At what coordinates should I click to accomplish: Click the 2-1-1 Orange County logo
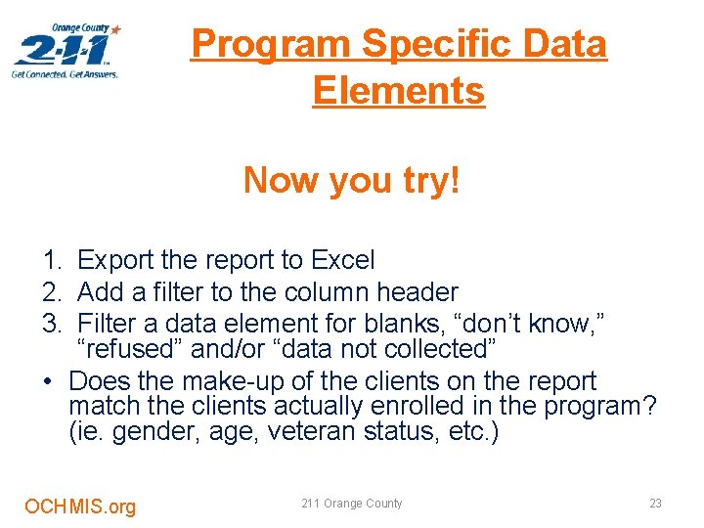[66, 51]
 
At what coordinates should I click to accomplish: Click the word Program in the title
[271, 44]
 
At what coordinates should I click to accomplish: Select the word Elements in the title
[399, 91]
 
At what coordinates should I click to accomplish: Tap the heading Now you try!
[351, 180]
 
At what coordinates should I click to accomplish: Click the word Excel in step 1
[342, 260]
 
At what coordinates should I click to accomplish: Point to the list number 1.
[50, 260]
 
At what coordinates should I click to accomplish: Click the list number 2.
[50, 291]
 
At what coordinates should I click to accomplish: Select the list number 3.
[50, 322]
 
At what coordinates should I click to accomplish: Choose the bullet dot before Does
[48, 380]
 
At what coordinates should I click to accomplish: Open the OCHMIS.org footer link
[80, 506]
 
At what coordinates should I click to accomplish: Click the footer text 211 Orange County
[351, 504]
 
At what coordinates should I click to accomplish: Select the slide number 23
[655, 504]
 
